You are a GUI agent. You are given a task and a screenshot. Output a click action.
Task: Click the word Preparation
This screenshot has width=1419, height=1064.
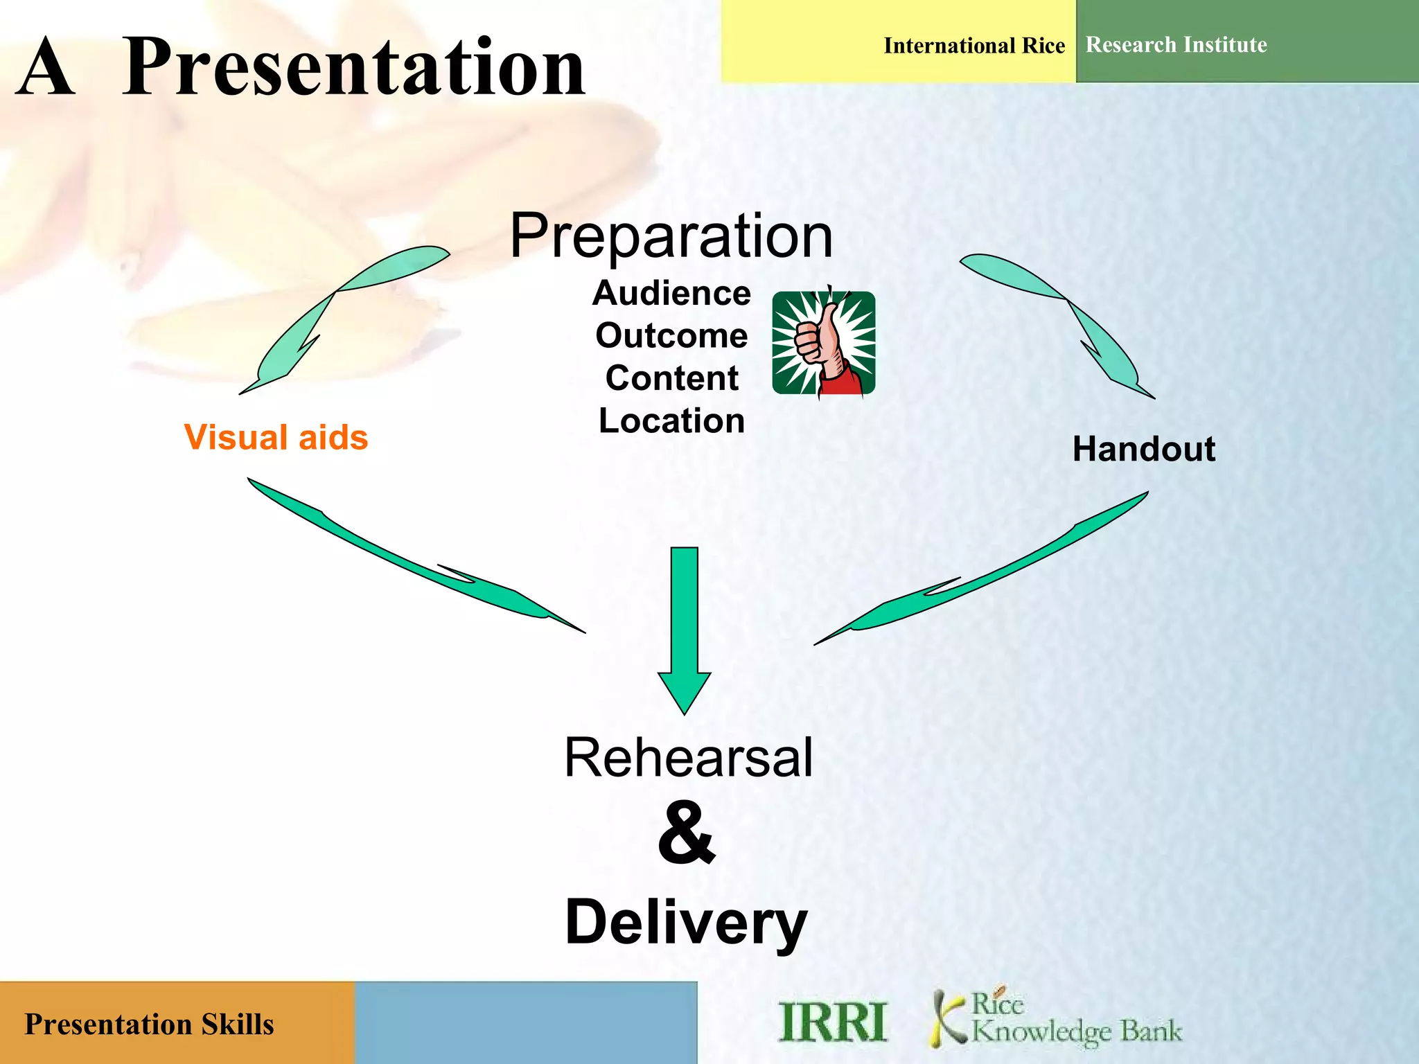pos(671,237)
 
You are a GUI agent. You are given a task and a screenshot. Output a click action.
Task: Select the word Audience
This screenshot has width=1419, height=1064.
pos(671,293)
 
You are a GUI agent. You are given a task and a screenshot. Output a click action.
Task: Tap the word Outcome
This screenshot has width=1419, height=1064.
pos(671,336)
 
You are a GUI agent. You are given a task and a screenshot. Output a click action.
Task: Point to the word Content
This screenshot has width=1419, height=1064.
pos(671,378)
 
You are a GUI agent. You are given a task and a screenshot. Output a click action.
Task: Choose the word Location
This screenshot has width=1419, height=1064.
pos(671,421)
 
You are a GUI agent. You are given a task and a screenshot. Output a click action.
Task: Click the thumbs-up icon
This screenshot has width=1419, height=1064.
pos(823,343)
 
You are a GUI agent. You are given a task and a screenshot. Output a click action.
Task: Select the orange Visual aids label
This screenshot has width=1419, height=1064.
pos(276,438)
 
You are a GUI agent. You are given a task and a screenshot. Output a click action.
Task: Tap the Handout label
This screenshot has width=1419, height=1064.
pos(1143,449)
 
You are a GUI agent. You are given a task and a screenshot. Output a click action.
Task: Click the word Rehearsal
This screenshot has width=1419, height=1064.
pos(688,758)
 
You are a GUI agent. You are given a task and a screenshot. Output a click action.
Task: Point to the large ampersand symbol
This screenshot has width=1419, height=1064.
pos(686,833)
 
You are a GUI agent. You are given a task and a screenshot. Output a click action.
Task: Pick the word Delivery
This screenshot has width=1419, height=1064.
pos(686,923)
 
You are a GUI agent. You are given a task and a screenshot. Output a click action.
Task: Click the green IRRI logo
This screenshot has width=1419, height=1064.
pos(832,1022)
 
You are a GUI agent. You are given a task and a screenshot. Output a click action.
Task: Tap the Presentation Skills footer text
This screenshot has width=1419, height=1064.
pos(149,1025)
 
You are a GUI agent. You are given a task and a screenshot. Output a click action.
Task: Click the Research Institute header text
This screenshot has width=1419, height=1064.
pos(1176,45)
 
